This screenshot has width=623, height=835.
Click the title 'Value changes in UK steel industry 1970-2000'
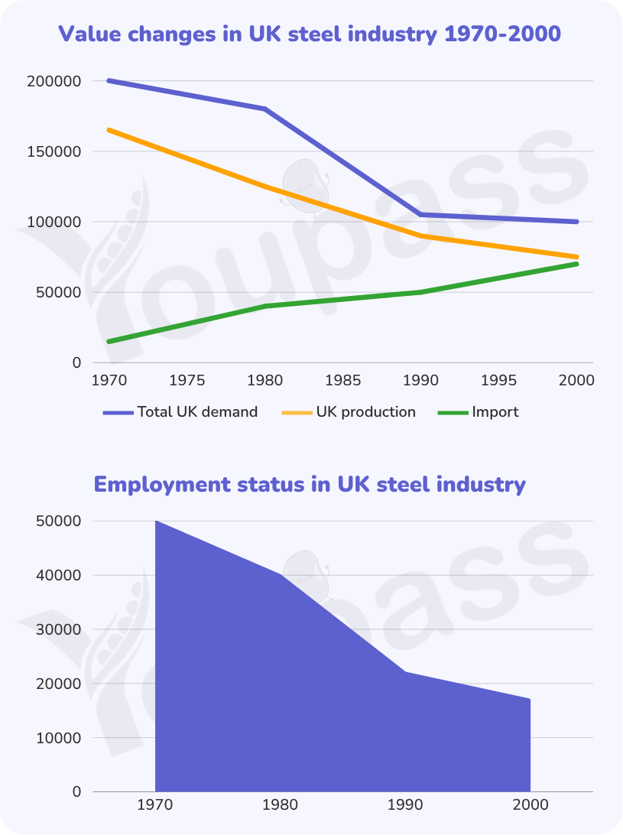tap(310, 34)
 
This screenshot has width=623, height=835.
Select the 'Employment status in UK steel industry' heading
tap(310, 485)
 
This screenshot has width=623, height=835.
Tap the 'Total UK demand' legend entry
tap(180, 412)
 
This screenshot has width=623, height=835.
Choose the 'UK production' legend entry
tap(349, 412)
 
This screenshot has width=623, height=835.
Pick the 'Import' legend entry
tap(479, 412)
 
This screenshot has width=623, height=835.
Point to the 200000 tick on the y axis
tap(54, 82)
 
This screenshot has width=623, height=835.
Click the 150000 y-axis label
tap(54, 151)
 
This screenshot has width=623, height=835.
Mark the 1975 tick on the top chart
tap(187, 380)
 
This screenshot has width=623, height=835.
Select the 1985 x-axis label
tap(343, 380)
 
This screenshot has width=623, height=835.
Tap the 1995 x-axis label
tap(499, 380)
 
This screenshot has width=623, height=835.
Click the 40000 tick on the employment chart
tap(59, 576)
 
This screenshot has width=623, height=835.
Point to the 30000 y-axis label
tap(59, 630)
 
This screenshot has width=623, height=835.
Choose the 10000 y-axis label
tap(59, 738)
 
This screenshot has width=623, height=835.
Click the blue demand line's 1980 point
tap(265, 109)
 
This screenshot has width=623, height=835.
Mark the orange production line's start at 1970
tap(109, 130)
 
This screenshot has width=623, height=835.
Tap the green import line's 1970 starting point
tap(109, 341)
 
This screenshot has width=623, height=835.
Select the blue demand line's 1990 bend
tap(420, 215)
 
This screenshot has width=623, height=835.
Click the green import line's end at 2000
tap(576, 264)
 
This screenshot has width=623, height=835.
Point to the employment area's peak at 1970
tap(155, 521)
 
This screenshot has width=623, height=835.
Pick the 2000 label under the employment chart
tap(531, 804)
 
